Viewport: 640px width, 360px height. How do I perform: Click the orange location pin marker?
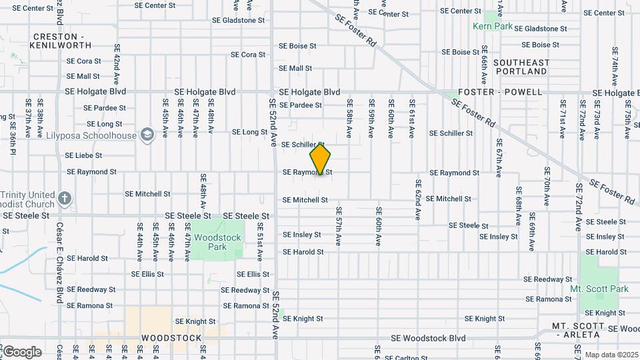click(321, 159)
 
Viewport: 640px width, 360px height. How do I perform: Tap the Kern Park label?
click(493, 26)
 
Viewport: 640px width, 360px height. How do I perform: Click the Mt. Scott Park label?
click(599, 289)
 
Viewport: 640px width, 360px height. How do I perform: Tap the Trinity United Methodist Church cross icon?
click(64, 198)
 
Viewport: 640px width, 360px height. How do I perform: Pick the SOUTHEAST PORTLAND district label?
click(522, 67)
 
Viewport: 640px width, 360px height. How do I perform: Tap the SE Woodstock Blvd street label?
click(429, 339)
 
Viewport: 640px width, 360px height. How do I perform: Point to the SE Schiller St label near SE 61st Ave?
click(451, 133)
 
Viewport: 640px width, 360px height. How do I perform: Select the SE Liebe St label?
click(83, 155)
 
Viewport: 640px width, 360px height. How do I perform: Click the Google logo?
click(22, 352)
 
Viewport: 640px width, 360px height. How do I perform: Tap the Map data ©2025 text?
click(611, 355)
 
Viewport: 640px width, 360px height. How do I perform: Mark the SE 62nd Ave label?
click(418, 200)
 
